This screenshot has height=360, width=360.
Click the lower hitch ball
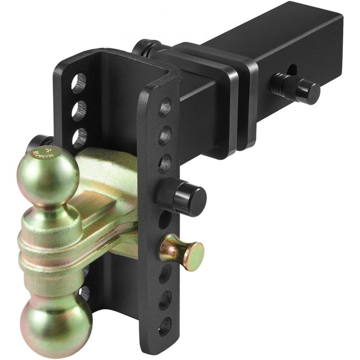[56, 324]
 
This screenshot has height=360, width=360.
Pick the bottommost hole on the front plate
[165, 325]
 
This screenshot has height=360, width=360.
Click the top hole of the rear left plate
[79, 83]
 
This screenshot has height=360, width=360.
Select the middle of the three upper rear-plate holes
[79, 111]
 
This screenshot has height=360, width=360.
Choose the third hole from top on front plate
[165, 163]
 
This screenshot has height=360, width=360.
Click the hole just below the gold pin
[165, 273]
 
